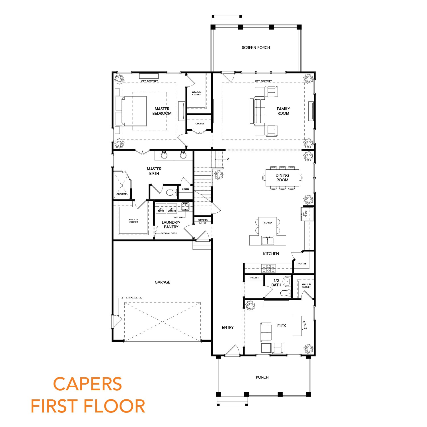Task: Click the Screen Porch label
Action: tap(256, 48)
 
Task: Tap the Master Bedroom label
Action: tap(162, 111)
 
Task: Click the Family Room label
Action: tap(283, 111)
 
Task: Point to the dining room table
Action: tap(282, 178)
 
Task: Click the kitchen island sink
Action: tap(268, 241)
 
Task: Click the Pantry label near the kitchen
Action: tap(302, 264)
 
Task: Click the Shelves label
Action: tap(254, 278)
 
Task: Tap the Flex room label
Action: tap(282, 326)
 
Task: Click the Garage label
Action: tap(162, 282)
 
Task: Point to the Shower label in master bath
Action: tap(122, 194)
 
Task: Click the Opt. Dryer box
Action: tap(161, 210)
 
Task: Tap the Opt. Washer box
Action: tap(172, 210)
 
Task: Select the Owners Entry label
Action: tap(203, 221)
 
